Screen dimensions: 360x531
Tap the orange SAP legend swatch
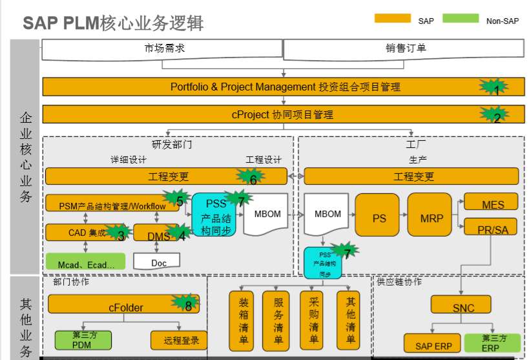pos(393,19)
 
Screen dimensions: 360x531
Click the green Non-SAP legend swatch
pos(461,19)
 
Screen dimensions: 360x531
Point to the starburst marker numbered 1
pos(494,87)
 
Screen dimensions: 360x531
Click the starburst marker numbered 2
pos(494,116)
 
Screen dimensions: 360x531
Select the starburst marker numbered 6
pos(251,178)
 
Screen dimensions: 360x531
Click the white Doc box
pos(157,261)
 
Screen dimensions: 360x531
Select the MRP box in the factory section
pos(432,218)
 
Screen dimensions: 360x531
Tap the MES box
pos(492,202)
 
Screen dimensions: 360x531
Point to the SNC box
pos(463,306)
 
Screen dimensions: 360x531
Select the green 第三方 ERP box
pos(492,343)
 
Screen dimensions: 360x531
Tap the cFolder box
pos(124,304)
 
